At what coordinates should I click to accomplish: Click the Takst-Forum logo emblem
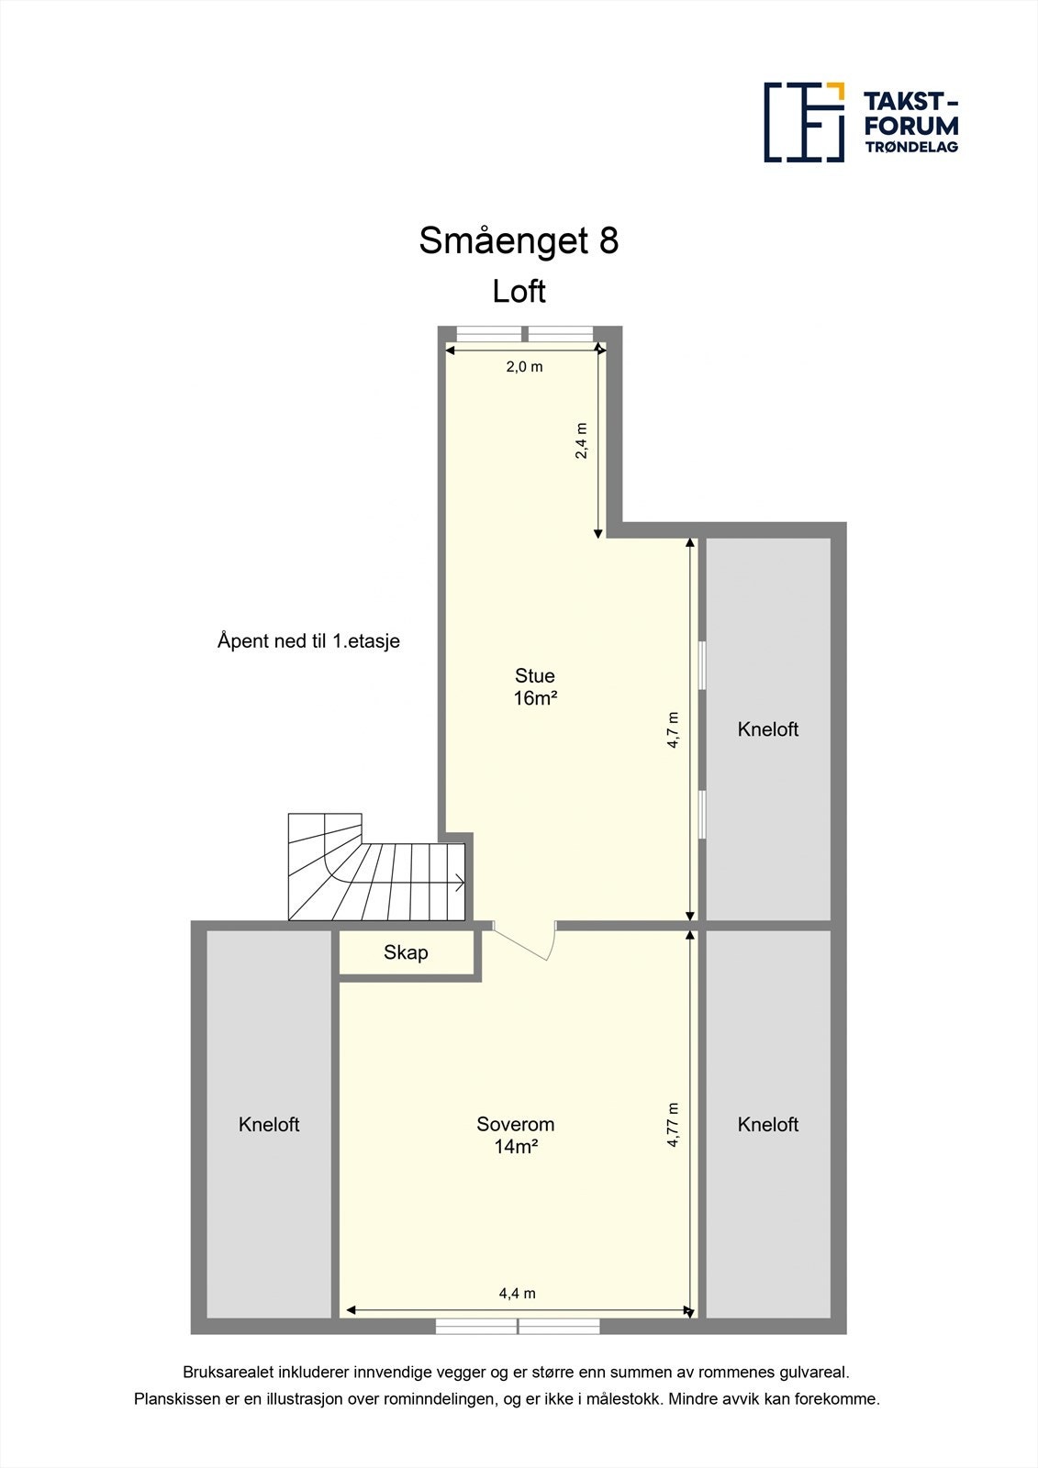coord(804,122)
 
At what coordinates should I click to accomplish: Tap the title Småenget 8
coord(519,240)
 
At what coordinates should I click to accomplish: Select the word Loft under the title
coord(519,292)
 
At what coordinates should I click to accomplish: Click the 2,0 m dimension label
coord(524,367)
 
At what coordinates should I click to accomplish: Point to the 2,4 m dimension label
coord(581,440)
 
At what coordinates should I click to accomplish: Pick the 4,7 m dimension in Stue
coord(673,730)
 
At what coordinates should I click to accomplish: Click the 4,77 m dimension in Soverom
coord(673,1125)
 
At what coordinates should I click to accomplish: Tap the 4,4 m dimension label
coord(517,1294)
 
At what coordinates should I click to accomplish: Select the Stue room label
coord(534,676)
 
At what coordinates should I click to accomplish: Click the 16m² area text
coord(535,698)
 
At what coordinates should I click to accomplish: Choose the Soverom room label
coord(515,1124)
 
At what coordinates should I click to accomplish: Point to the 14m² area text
coord(515,1147)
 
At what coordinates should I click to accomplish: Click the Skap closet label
coord(406,952)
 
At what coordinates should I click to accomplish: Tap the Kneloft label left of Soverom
coord(269,1125)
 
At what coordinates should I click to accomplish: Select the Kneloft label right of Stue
coord(768,729)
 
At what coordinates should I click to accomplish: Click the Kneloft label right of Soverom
coord(768,1125)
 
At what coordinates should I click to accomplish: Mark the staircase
coord(376,870)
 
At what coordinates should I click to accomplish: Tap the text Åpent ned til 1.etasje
coord(308,641)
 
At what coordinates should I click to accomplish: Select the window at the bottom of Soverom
coord(518,1326)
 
